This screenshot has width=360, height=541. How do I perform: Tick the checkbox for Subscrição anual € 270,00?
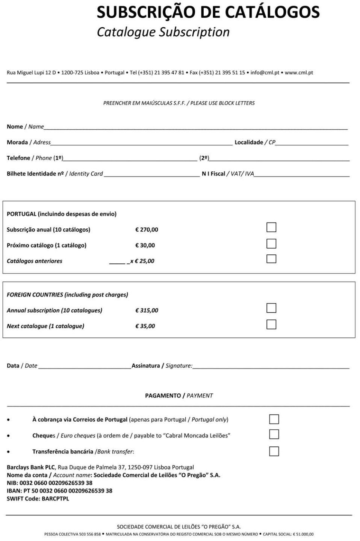pyautogui.click(x=271, y=227)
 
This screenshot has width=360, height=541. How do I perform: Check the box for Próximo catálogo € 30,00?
pyautogui.click(x=271, y=243)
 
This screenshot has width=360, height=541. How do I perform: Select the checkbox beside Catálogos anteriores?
pyautogui.click(x=271, y=259)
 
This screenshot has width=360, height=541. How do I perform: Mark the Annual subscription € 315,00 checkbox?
pyautogui.click(x=271, y=308)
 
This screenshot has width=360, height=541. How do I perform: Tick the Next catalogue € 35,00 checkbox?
pyautogui.click(x=271, y=324)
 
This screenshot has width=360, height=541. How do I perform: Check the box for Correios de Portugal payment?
pyautogui.click(x=274, y=419)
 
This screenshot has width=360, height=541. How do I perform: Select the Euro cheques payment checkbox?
pyautogui.click(x=274, y=434)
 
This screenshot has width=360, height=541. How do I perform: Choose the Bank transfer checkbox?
pyautogui.click(x=274, y=451)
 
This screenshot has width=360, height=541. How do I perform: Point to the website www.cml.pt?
pyautogui.click(x=299, y=73)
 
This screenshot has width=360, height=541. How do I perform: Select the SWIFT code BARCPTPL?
pyautogui.click(x=55, y=499)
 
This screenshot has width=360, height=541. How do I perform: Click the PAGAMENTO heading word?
pyautogui.click(x=163, y=396)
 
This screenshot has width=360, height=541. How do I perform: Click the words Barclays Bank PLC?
pyautogui.click(x=30, y=467)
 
